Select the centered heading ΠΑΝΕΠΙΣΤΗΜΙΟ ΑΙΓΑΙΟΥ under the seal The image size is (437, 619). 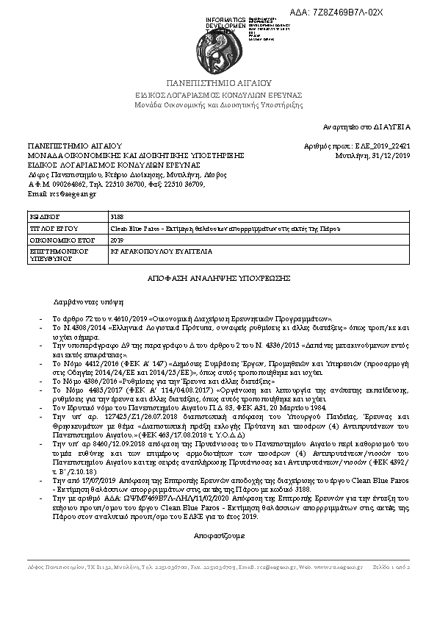click(218, 84)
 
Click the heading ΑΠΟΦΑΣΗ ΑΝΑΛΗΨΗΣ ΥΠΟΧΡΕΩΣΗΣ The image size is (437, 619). click(219, 278)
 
